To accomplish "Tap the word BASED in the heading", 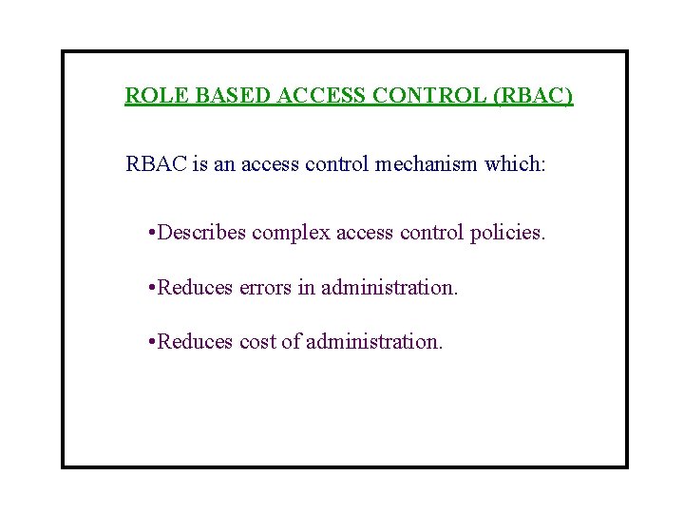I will (x=205, y=96).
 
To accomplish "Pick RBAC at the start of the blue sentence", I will (x=156, y=164).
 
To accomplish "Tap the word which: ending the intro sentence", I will (x=515, y=164).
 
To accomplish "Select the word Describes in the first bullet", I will (x=202, y=233).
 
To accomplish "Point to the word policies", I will (x=508, y=233).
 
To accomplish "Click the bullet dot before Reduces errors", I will (x=153, y=288).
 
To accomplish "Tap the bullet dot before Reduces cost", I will (x=153, y=342).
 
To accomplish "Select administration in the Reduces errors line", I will (x=389, y=287).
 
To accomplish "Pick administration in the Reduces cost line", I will (x=374, y=341).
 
